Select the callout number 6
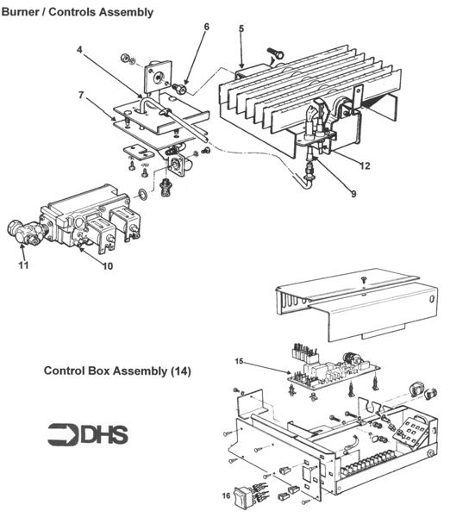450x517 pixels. coord(206,27)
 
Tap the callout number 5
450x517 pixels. coord(241,29)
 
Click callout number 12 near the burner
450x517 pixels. coord(366,166)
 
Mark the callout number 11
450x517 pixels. coord(22,266)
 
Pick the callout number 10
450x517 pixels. coord(108,266)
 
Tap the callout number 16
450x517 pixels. coord(227,497)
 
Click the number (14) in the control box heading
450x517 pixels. coord(180,371)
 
